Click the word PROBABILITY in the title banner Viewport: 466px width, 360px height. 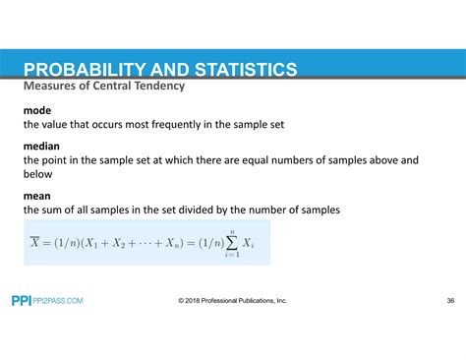(88, 70)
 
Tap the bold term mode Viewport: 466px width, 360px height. (38, 111)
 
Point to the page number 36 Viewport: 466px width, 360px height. (449, 301)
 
